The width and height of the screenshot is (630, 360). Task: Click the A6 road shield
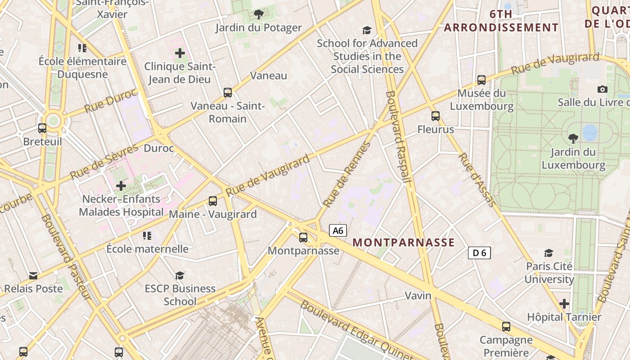pos(338,231)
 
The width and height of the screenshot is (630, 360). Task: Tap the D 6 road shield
pos(479,253)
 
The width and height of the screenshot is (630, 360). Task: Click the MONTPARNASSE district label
pos(404,243)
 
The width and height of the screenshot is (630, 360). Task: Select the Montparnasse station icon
pos(303,237)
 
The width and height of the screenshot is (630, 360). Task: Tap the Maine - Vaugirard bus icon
pos(213,201)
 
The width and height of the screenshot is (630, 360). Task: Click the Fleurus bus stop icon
pos(435,116)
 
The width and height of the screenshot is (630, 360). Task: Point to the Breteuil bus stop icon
pos(42,128)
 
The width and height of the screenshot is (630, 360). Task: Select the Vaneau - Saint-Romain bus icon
pos(228,93)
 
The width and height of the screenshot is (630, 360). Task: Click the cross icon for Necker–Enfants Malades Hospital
pos(121,185)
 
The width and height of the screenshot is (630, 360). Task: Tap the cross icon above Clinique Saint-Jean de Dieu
pos(180,53)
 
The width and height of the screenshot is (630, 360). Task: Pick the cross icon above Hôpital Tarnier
pos(564,304)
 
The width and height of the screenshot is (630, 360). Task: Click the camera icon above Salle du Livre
pos(603,89)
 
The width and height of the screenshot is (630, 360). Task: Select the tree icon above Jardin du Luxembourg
pos(573,138)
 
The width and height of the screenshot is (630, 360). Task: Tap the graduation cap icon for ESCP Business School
pos(180,275)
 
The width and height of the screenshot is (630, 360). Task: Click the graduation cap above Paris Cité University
pos(549,253)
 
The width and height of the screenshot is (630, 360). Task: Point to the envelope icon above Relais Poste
pos(33,275)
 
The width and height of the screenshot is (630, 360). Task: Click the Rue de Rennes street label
pos(347,175)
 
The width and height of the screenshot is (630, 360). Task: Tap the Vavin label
pos(418,296)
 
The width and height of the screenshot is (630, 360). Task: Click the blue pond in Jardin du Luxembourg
pos(590,132)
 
